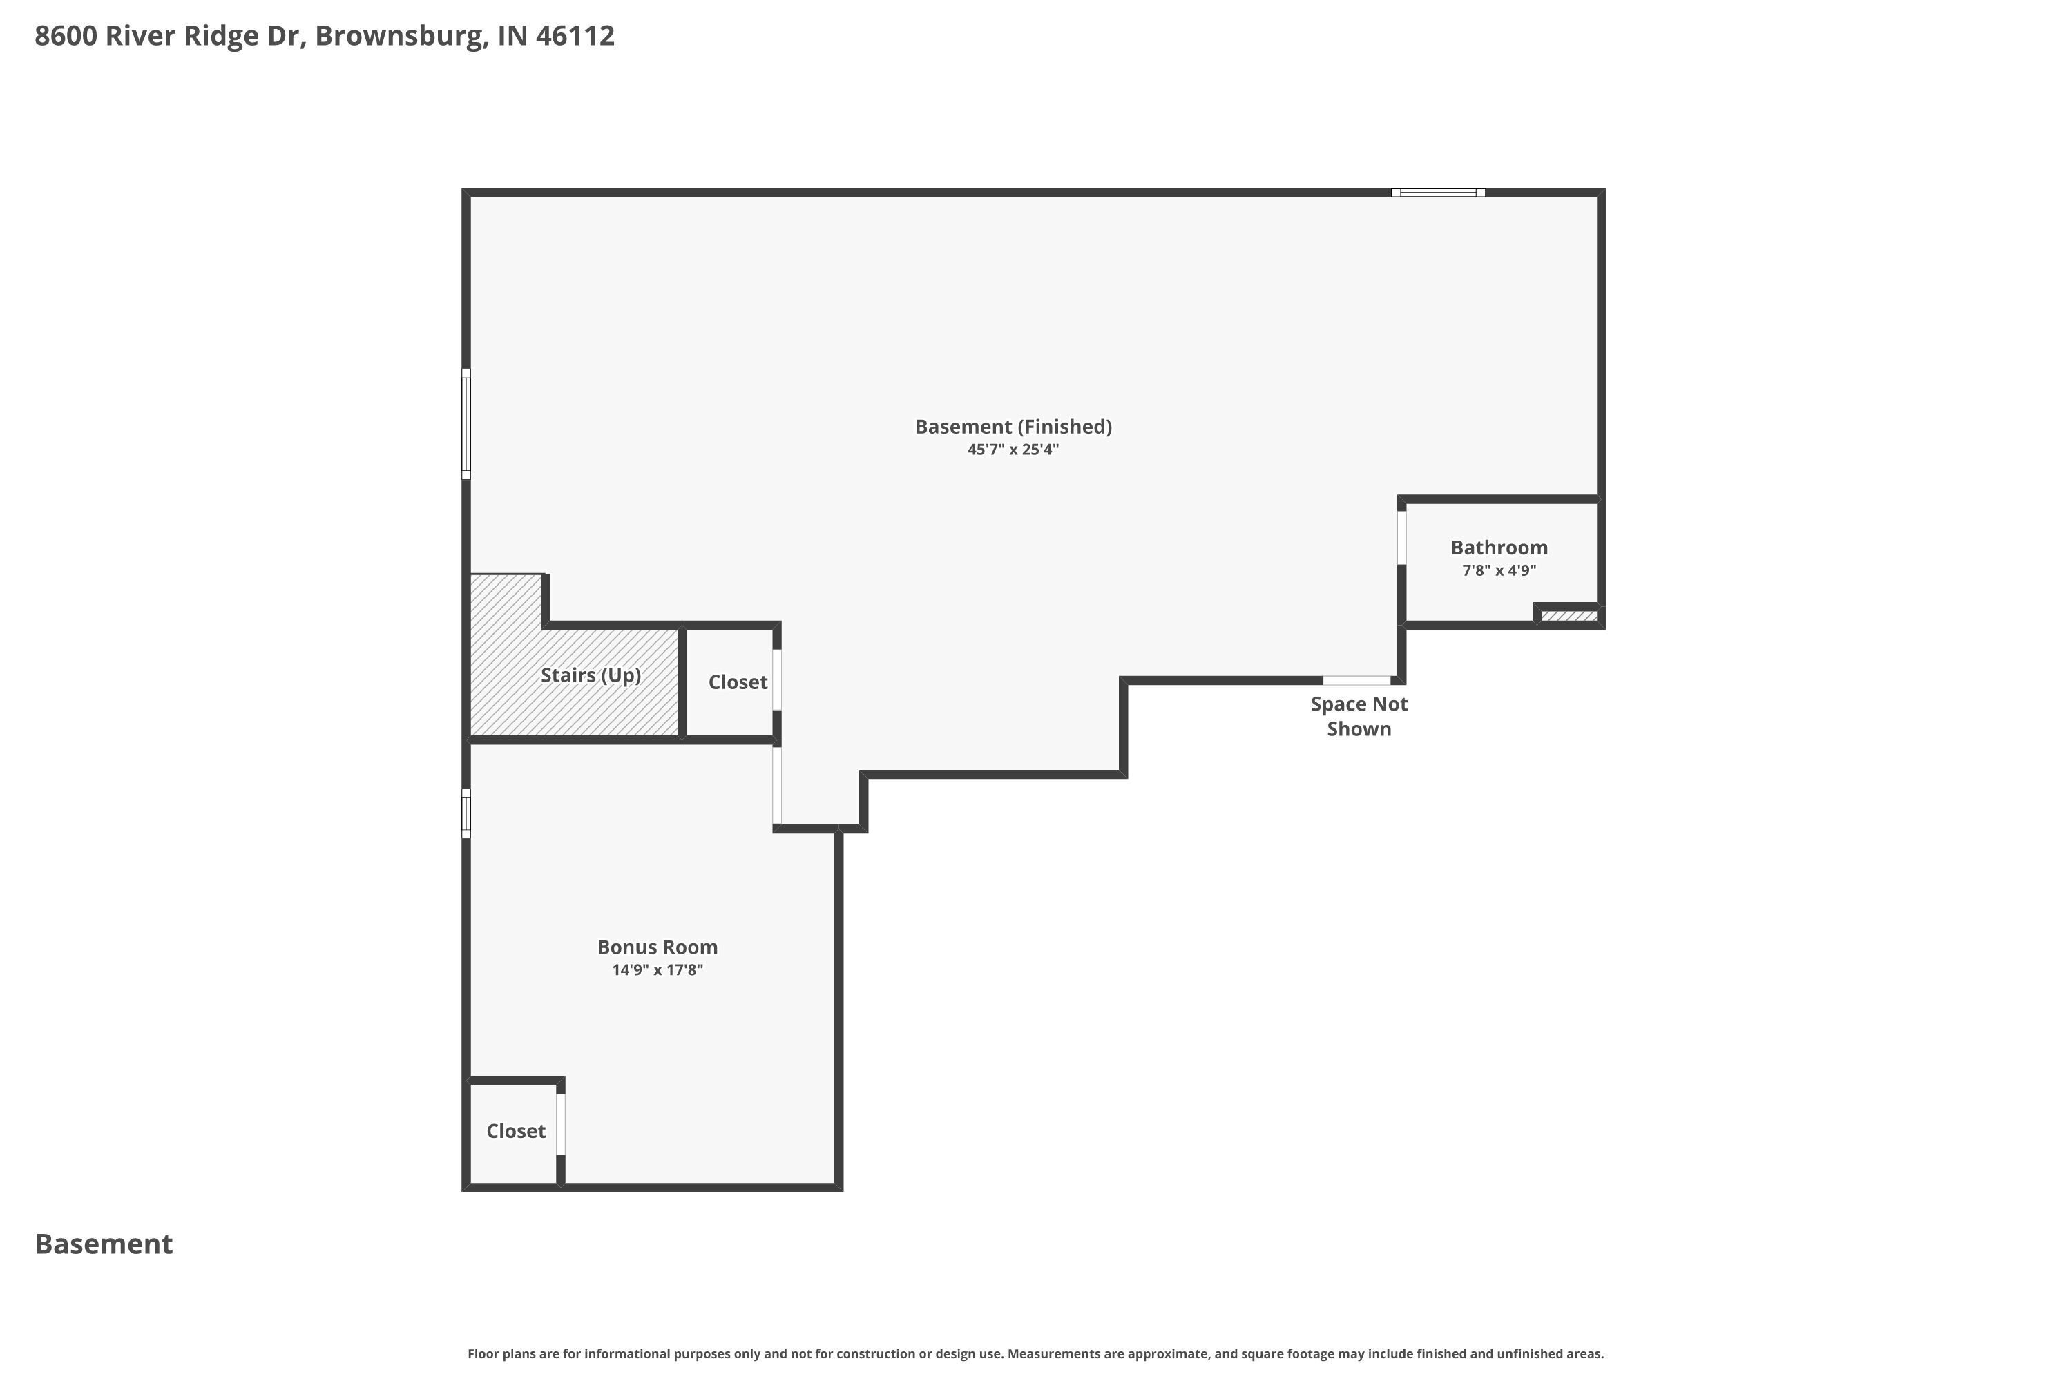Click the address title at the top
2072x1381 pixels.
click(324, 36)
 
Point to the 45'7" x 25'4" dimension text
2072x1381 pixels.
click(1013, 450)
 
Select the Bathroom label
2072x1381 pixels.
click(1499, 548)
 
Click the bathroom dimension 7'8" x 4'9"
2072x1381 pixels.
click(1499, 570)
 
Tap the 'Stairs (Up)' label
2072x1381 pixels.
click(591, 675)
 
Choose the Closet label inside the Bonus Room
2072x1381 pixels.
click(515, 1131)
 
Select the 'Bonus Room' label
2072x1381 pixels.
click(658, 947)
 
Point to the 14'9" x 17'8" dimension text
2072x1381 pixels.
click(658, 969)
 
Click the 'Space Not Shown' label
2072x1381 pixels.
click(1359, 716)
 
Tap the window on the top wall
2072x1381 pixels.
click(1438, 192)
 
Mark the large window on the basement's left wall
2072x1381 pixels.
click(466, 425)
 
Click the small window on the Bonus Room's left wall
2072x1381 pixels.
click(466, 813)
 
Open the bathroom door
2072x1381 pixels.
click(1401, 537)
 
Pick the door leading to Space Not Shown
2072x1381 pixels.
click(1356, 680)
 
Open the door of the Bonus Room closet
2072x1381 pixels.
click(560, 1124)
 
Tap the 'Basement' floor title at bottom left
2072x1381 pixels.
click(104, 1244)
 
